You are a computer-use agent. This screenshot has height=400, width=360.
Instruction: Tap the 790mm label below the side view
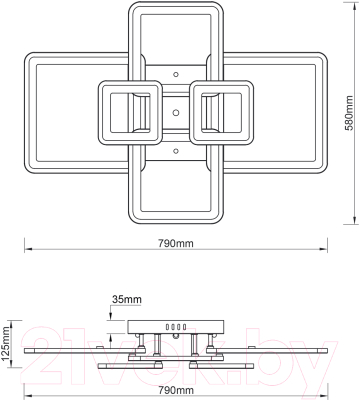(176, 389)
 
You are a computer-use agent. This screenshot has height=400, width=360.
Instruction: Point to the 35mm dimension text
(127, 298)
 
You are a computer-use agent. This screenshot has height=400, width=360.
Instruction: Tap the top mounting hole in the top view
(176, 72)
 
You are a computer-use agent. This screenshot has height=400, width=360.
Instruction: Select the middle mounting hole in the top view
(176, 112)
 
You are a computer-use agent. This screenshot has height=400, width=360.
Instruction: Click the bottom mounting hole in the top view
(176, 152)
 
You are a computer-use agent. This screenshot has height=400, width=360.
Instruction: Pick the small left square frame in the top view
(130, 112)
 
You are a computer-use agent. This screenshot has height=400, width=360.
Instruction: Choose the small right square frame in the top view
(221, 112)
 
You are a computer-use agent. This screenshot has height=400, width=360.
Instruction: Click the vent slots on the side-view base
(177, 326)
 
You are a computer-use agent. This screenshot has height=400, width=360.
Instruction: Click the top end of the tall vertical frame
(176, 6)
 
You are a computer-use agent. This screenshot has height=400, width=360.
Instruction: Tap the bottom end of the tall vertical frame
(176, 219)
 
